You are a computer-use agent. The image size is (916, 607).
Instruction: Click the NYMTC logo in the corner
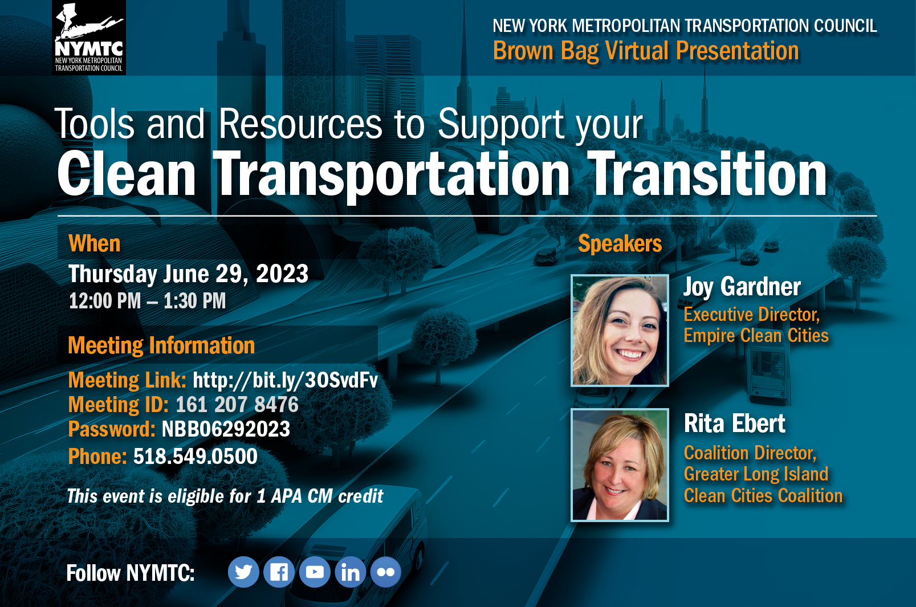(x=89, y=37)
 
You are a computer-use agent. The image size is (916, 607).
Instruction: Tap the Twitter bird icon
(x=243, y=572)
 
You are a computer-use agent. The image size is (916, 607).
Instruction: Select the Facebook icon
(x=279, y=572)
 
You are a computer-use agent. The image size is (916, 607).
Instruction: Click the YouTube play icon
(x=315, y=572)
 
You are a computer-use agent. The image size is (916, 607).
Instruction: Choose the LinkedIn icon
(x=350, y=572)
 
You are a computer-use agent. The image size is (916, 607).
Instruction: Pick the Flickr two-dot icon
(x=386, y=572)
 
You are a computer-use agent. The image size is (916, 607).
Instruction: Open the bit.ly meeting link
(x=285, y=381)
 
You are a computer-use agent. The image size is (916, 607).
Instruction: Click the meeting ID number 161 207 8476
(x=237, y=404)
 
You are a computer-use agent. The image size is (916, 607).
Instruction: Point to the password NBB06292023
(x=226, y=429)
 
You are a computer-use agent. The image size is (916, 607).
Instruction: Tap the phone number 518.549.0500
(x=196, y=456)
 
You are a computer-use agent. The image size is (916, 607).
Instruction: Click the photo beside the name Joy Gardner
(x=620, y=330)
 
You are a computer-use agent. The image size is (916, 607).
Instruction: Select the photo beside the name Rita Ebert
(x=620, y=465)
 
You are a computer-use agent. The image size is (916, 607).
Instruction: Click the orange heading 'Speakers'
(x=620, y=243)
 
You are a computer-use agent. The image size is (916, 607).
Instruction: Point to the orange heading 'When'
(x=95, y=243)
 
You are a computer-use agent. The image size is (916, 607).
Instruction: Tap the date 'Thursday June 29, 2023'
(x=189, y=274)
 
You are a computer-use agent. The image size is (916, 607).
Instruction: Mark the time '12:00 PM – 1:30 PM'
(x=147, y=302)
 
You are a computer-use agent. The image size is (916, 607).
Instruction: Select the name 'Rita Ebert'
(x=734, y=423)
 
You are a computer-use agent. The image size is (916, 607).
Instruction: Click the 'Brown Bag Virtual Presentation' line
(x=646, y=51)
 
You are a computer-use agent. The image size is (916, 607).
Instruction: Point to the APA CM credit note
(x=225, y=496)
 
